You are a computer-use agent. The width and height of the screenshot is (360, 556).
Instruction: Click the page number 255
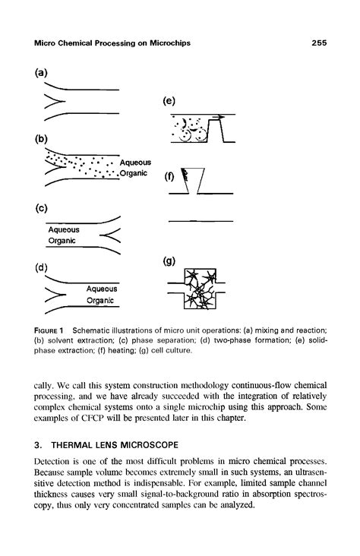click(x=318, y=43)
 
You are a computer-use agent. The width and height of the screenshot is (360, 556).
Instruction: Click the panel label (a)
click(x=41, y=73)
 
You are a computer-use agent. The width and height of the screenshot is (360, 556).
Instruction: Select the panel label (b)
click(x=41, y=140)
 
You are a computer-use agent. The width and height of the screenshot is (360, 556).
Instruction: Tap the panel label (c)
click(x=41, y=207)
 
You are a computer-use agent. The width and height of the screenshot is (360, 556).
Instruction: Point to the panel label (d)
click(x=41, y=267)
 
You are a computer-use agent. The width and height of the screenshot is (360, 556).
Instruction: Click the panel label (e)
click(x=170, y=100)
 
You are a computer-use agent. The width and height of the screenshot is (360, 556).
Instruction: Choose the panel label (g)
click(x=170, y=260)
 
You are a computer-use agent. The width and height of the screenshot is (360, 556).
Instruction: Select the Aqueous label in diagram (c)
click(x=64, y=229)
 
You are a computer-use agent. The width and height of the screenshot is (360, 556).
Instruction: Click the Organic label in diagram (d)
click(x=100, y=301)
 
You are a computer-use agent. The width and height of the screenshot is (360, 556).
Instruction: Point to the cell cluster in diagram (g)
click(x=197, y=290)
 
